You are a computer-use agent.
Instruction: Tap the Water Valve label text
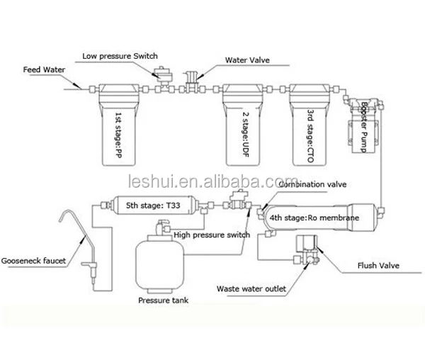[x=248, y=60]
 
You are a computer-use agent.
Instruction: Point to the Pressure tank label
[x=163, y=300]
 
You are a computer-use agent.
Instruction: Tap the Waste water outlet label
[x=251, y=288]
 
